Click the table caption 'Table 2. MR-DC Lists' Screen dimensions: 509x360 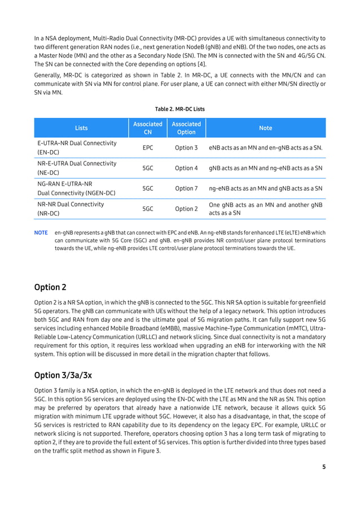point(180,109)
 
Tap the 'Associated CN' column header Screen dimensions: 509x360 point(148,128)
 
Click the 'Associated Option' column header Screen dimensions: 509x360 point(186,128)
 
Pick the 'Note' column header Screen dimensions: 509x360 point(265,128)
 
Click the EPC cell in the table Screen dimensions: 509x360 point(148,148)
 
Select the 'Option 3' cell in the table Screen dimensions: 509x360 point(186,148)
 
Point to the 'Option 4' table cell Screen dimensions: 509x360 point(186,168)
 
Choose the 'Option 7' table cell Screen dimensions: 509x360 point(186,188)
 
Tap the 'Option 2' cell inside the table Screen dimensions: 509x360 point(186,209)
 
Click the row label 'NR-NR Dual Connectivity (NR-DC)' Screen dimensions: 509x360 point(71,209)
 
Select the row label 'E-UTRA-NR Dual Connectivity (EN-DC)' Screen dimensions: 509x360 point(76,148)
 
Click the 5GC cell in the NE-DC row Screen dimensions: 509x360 point(148,168)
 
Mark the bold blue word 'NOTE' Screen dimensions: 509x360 point(41,232)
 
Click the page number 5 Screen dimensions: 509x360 point(324,467)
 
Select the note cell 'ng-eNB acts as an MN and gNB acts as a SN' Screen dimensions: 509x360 point(265,188)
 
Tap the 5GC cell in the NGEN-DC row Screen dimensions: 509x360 point(148,188)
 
